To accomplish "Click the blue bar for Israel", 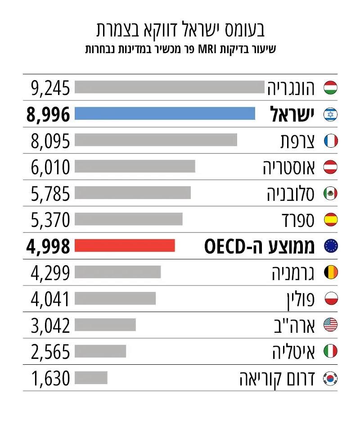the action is [x=165, y=113].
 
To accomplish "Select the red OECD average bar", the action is [x=125, y=245].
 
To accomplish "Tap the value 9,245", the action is [x=50, y=88].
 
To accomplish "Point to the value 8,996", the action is [x=48, y=114].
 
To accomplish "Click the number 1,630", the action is [x=50, y=378].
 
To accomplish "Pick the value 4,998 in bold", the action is [x=48, y=246].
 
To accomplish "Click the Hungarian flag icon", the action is [x=330, y=88].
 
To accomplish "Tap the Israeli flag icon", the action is [x=330, y=114].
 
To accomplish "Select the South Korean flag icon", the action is [x=330, y=378].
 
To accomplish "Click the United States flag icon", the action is [x=330, y=325].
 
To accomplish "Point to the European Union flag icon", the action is [x=331, y=246].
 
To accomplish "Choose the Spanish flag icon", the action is [x=331, y=220].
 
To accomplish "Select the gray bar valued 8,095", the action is [x=156, y=140].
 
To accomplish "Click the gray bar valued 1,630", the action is [x=91, y=378].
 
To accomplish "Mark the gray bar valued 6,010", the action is [x=135, y=166].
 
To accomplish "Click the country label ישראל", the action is [x=292, y=114].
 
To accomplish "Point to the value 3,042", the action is [x=50, y=326].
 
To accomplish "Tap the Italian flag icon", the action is [x=330, y=351].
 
